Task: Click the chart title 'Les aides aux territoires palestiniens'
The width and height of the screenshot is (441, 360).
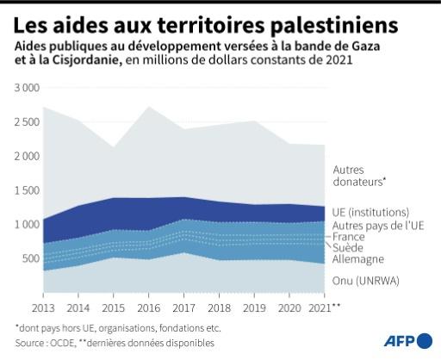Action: (193, 20)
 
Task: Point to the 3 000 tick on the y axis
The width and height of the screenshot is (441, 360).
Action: (26, 88)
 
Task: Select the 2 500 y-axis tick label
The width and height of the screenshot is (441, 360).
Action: (26, 121)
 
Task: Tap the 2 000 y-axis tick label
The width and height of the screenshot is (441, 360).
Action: (26, 156)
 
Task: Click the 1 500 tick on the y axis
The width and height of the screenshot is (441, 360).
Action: (26, 190)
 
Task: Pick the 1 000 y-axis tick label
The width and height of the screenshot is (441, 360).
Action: (26, 224)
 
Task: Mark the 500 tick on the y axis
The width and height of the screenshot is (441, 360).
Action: (29, 258)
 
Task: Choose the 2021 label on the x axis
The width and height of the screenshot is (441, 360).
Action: (318, 307)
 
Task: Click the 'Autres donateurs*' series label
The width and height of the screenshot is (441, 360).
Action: (359, 176)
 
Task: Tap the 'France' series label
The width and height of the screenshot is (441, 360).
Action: (348, 236)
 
